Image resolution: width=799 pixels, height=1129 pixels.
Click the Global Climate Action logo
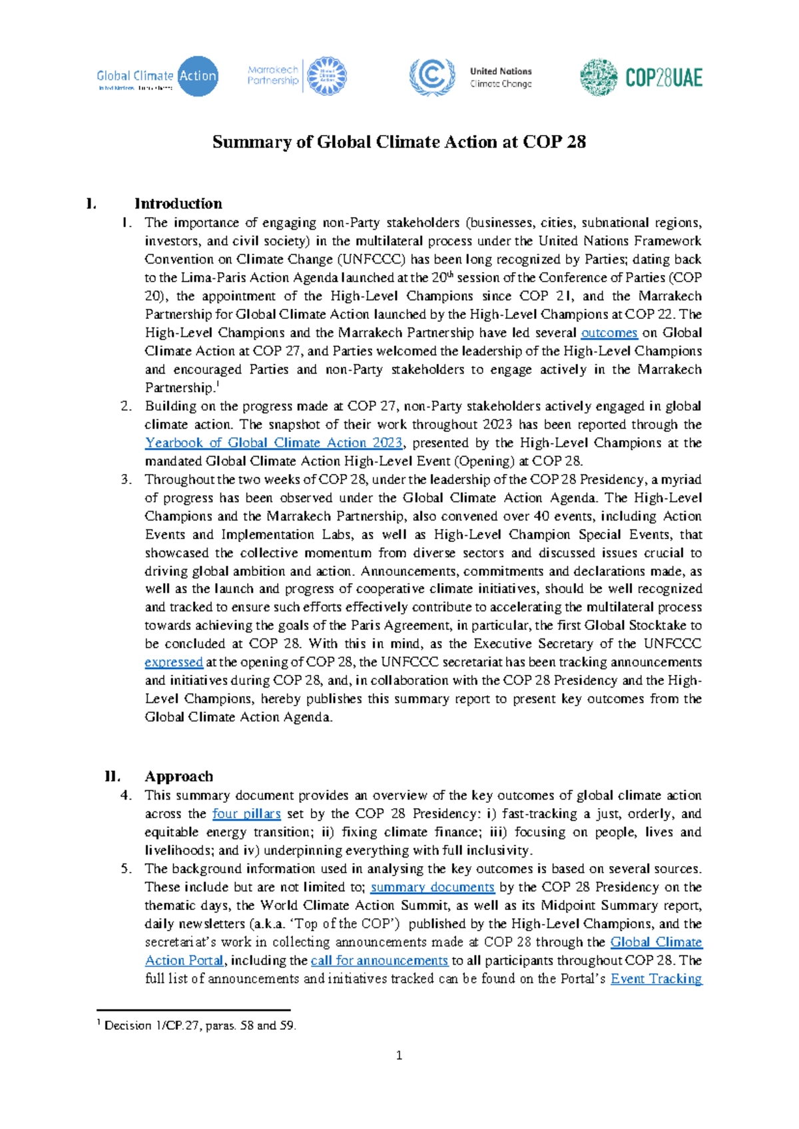pos(157,77)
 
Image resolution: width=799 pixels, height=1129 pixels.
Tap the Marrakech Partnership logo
pos(297,76)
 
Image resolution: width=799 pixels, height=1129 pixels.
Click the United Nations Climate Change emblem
pos(432,77)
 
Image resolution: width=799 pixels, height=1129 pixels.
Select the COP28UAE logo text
pos(664,78)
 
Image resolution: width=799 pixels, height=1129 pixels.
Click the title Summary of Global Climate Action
pos(399,142)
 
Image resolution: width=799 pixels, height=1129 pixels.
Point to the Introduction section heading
pos(178,204)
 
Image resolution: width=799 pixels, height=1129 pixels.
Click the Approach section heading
pos(179,776)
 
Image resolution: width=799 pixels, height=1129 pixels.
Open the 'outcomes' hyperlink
pos(609,333)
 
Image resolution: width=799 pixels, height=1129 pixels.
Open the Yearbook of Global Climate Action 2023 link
pos(274,443)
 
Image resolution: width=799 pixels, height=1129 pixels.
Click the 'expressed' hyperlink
pos(174,662)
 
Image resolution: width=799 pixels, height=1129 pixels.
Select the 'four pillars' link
pos(246,813)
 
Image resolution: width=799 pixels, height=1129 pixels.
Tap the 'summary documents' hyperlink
pos(432,887)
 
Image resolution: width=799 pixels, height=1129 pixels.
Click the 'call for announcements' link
pos(379,961)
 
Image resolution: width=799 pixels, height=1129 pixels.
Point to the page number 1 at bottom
pos(399,1055)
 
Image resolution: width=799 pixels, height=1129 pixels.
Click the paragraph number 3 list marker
pos(126,479)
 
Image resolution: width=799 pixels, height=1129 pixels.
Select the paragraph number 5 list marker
pos(126,869)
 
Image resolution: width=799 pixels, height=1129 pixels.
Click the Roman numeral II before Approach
pos(113,776)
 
